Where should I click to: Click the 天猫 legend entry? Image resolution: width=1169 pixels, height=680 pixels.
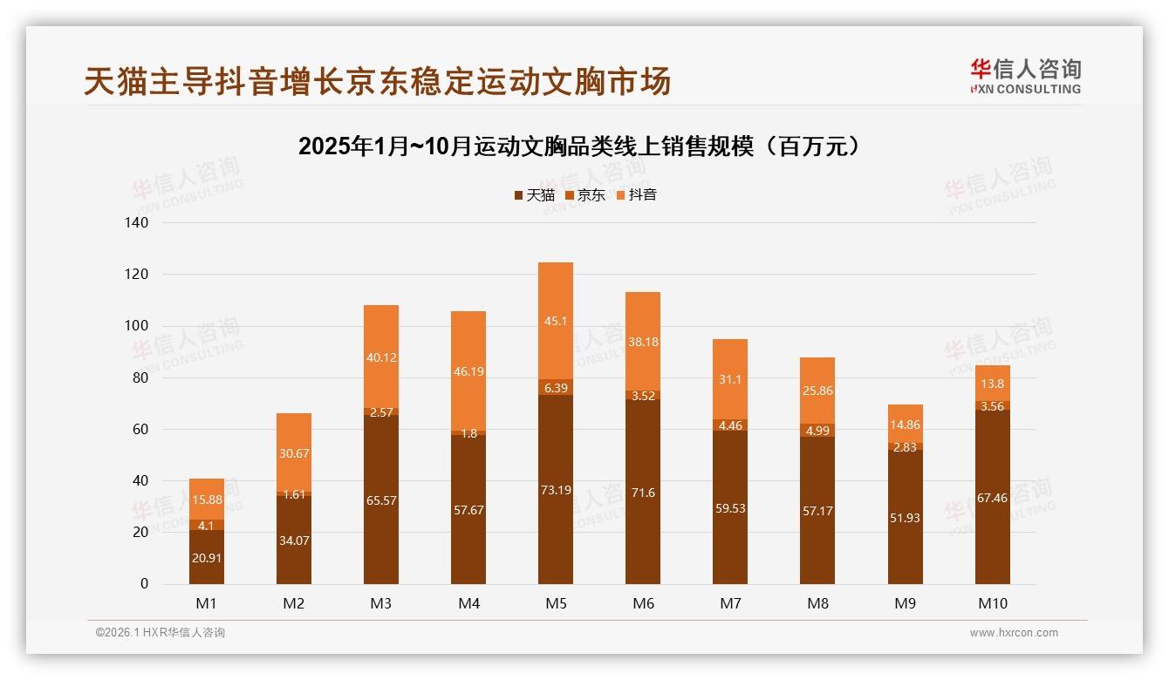(534, 195)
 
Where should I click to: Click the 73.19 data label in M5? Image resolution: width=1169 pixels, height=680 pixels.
(556, 490)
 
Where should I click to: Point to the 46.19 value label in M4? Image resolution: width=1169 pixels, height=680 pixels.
(468, 371)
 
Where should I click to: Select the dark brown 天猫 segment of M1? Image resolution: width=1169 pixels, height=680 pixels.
(207, 557)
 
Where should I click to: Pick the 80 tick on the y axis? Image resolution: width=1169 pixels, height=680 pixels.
(139, 378)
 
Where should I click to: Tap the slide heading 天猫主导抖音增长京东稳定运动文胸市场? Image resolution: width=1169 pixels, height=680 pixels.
(377, 82)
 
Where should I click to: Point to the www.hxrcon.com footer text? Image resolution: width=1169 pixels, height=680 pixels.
(1014, 633)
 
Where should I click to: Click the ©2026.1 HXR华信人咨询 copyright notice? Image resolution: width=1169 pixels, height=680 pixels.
(161, 633)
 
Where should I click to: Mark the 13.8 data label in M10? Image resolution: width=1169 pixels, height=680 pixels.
(992, 384)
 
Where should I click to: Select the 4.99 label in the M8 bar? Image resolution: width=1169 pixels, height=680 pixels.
(817, 431)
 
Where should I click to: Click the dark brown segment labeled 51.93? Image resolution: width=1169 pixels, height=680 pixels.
(905, 518)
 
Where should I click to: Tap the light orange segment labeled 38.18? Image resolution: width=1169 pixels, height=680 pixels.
(643, 343)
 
